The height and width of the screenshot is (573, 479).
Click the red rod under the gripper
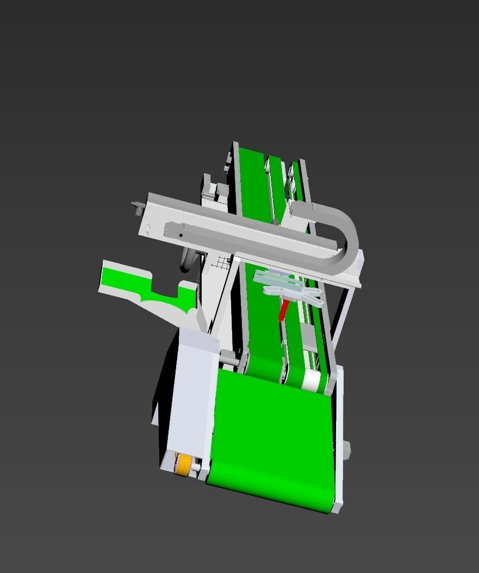click(x=283, y=311)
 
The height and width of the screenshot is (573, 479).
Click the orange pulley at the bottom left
click(x=184, y=465)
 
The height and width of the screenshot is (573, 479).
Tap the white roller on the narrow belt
click(x=312, y=380)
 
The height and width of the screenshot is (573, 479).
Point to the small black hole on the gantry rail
click(x=181, y=235)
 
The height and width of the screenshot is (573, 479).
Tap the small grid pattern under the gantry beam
click(x=220, y=263)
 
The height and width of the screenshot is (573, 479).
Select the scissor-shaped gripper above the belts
click(x=291, y=288)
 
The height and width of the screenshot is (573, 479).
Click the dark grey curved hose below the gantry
click(x=188, y=261)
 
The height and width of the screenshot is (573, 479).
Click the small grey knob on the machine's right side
click(x=346, y=450)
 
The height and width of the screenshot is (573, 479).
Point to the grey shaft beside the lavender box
click(x=228, y=358)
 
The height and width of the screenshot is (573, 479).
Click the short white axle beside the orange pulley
click(x=195, y=467)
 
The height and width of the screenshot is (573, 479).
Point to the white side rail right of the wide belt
click(x=339, y=435)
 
